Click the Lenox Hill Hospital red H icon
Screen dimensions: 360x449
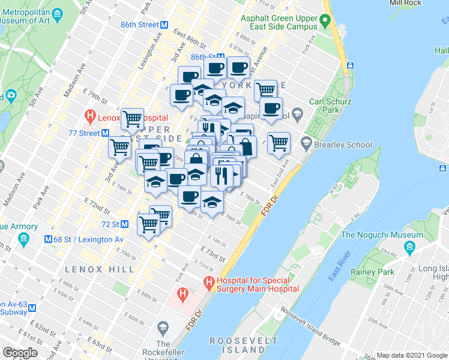click(x=90, y=116)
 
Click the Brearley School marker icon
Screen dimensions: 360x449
click(x=306, y=143)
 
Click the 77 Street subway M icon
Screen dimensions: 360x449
click(x=104, y=133)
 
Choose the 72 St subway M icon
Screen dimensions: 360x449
click(x=125, y=224)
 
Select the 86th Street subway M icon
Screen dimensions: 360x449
click(x=164, y=25)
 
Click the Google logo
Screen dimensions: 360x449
click(x=20, y=353)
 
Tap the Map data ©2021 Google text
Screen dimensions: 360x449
click(x=411, y=355)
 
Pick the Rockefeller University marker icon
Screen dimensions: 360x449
click(x=162, y=328)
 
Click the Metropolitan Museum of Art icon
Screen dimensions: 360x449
click(x=56, y=14)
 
